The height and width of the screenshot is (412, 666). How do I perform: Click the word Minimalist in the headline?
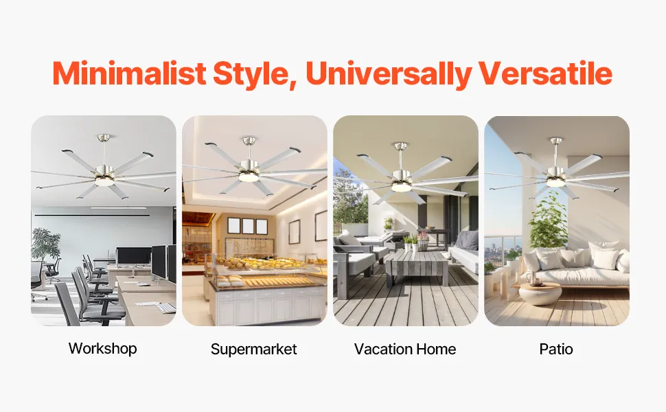point(129,73)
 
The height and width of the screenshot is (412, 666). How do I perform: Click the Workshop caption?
point(103,349)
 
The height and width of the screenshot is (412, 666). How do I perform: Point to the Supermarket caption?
point(253,349)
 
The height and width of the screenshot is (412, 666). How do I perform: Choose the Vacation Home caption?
point(405,349)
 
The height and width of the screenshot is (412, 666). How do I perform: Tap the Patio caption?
point(556,349)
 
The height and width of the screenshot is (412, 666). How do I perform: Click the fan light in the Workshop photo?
point(103,181)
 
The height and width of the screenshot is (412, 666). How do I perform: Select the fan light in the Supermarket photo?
point(249,177)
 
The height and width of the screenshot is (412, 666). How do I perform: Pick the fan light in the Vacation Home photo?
point(400,187)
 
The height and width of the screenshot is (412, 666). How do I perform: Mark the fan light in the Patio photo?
point(555,182)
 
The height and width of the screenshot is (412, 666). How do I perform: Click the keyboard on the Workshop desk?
point(165,308)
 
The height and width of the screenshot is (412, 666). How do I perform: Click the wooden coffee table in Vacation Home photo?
point(417,266)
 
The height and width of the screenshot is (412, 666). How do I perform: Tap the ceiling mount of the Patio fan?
point(555,141)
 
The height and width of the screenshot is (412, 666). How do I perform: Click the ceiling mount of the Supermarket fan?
point(249,140)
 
